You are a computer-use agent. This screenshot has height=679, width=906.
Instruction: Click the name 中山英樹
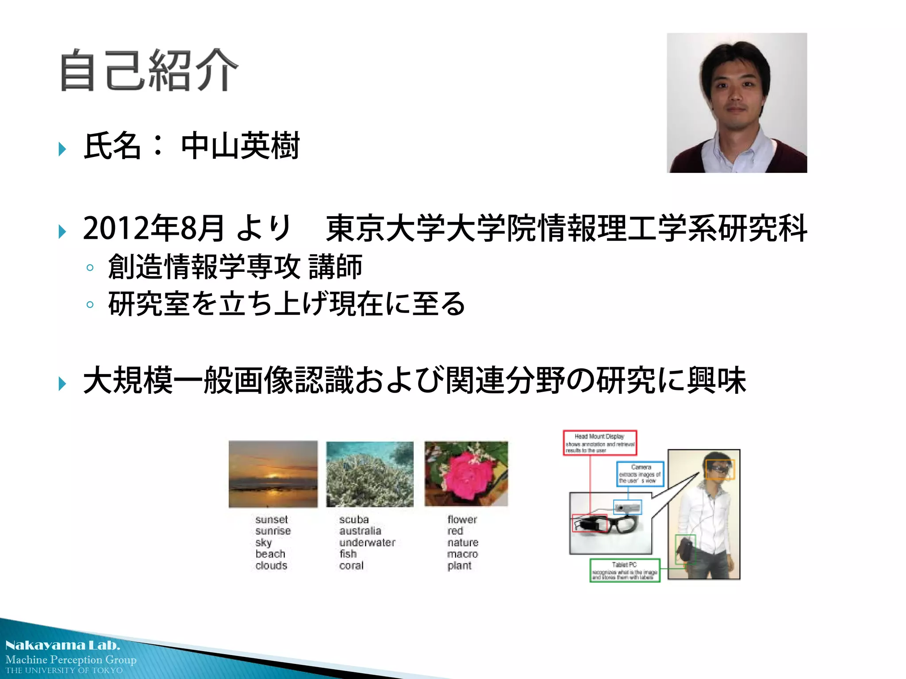pos(240,146)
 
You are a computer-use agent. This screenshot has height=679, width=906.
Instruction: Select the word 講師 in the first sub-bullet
pos(335,267)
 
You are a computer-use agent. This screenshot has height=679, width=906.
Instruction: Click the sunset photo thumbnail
pos(273,474)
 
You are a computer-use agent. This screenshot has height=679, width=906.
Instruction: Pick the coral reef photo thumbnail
pos(370,474)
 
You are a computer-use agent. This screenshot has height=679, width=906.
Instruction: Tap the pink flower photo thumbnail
pos(466,473)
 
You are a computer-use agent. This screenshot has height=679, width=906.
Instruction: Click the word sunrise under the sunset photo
pos(273,531)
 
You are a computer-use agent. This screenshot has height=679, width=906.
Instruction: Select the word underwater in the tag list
pos(367,542)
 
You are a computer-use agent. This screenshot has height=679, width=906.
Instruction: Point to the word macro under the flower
pos(462,554)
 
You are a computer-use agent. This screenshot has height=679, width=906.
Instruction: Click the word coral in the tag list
pos(351,565)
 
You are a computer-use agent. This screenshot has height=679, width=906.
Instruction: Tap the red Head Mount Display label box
pos(600,442)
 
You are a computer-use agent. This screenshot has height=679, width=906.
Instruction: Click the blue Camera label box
pos(640,474)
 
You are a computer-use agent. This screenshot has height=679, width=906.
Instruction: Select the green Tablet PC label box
pos(625,571)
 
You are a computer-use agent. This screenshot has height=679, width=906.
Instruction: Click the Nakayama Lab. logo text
pos(62,645)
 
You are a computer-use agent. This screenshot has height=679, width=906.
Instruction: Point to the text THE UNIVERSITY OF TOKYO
pos(64,671)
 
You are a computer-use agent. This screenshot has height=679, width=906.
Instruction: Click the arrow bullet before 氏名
pos(62,149)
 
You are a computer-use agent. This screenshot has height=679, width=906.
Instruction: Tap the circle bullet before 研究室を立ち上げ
pos(90,305)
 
